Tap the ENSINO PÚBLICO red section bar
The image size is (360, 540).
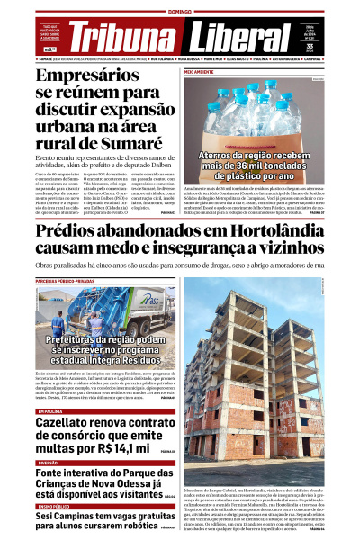[54, 506]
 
